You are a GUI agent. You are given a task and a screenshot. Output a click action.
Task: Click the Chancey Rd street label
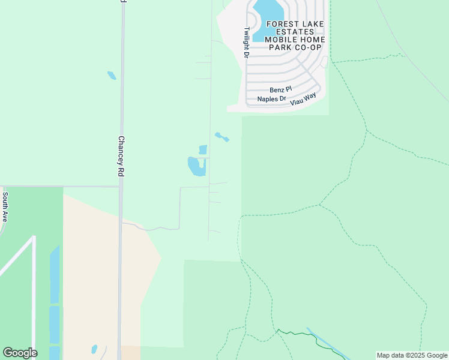tap(121, 155)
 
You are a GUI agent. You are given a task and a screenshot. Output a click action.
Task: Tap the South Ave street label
tap(5, 207)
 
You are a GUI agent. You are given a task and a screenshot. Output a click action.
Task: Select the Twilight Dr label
tap(246, 42)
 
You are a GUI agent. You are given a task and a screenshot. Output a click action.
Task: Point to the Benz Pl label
tap(280, 89)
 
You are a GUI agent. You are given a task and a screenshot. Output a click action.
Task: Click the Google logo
tap(20, 353)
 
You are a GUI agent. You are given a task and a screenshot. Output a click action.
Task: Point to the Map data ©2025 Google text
tap(411, 355)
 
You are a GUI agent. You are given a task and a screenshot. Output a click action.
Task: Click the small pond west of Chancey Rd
tap(112, 76)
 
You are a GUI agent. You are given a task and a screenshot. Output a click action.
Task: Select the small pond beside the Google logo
tap(94, 349)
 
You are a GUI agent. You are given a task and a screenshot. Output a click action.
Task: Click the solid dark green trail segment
tap(298, 334)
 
